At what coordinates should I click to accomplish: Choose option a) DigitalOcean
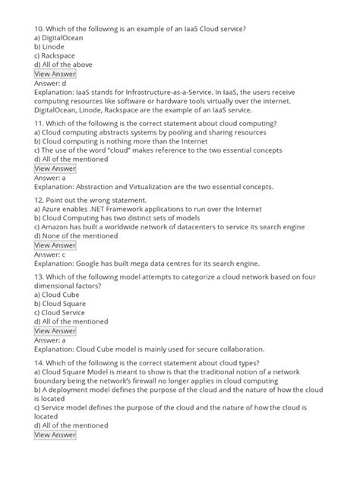(59, 37)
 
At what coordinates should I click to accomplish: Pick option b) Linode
(51, 46)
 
